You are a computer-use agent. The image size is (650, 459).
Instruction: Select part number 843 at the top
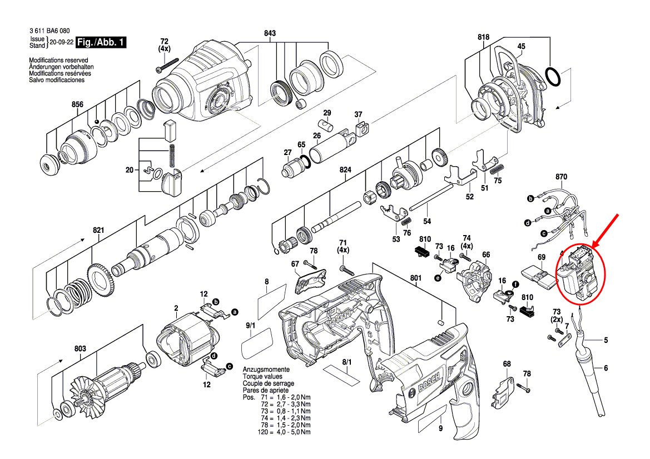click(270, 33)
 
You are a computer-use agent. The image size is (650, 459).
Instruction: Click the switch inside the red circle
click(580, 274)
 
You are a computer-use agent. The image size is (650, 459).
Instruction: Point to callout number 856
click(77, 104)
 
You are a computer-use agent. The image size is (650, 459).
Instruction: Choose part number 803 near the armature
click(80, 349)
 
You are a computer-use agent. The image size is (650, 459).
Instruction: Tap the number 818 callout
click(483, 37)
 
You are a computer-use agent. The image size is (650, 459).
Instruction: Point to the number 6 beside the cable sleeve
click(606, 368)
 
